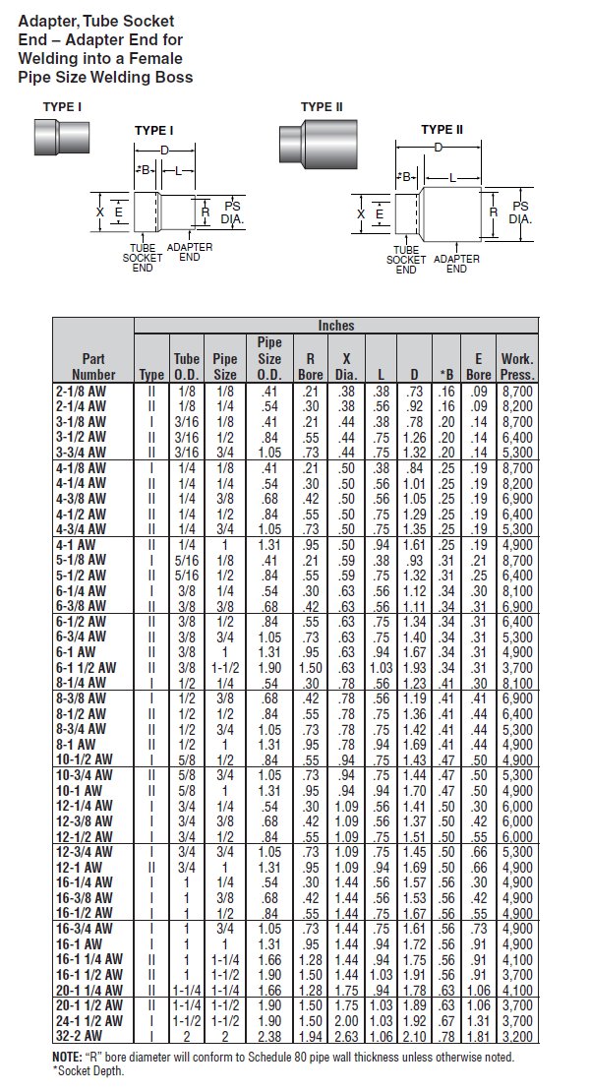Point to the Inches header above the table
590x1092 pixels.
coord(335,326)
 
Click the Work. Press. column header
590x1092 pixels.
coord(516,366)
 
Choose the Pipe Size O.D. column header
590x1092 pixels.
coord(269,358)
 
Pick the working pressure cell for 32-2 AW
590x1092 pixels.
coord(517,1036)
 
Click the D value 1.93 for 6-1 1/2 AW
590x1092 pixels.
coord(414,667)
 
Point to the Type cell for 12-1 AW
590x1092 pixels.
coord(152,868)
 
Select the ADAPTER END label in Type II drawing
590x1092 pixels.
coord(456,264)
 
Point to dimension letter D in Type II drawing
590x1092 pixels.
coord(439,147)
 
